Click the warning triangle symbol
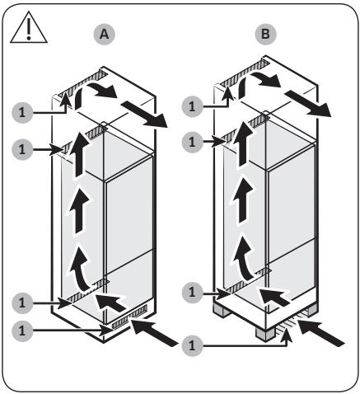[29, 29]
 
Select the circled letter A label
[104, 35]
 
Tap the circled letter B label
[265, 35]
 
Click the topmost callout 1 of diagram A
[22, 112]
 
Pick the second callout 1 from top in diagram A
[22, 150]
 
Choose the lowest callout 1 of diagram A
[22, 331]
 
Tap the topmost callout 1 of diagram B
[193, 106]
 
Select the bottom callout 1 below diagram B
[193, 345]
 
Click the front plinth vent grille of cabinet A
[129, 317]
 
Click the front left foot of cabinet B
[265, 334]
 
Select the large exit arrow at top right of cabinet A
[144, 114]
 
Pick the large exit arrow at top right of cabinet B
[307, 104]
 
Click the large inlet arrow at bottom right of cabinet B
[321, 332]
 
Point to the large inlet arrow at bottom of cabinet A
[155, 332]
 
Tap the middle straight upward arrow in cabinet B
[242, 200]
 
